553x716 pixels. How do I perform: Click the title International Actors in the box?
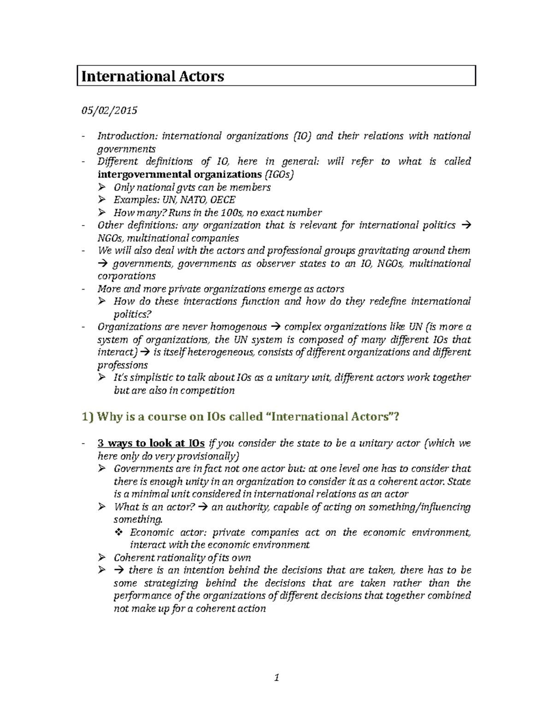pos(153,76)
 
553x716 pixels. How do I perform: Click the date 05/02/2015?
pos(109,111)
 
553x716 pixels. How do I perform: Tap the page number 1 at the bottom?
pos(276,678)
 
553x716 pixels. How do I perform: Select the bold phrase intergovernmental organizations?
pos(180,174)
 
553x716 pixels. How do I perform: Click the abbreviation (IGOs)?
pos(279,174)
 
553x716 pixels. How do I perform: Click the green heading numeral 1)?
pos(88,417)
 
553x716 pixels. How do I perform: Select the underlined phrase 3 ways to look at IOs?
pos(151,443)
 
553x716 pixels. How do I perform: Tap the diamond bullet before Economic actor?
pos(118,532)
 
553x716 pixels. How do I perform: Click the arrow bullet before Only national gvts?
pos(102,187)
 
